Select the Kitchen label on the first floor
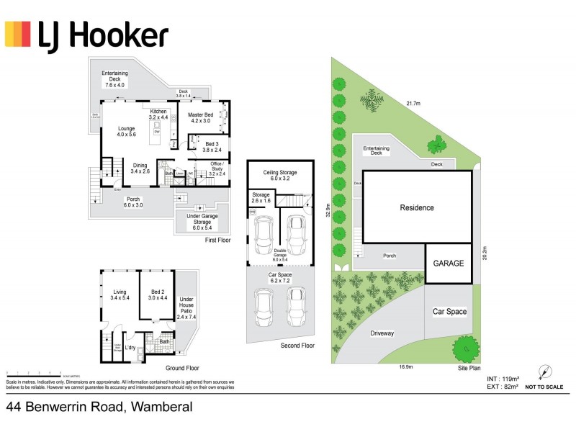point(158,115)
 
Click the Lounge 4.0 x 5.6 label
point(127,132)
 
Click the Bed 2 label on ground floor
point(157,294)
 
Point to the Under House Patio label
point(186,307)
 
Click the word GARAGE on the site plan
point(449,264)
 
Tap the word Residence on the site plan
point(417,208)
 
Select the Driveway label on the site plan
point(382,333)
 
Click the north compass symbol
point(545,373)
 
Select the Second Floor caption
point(297,346)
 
